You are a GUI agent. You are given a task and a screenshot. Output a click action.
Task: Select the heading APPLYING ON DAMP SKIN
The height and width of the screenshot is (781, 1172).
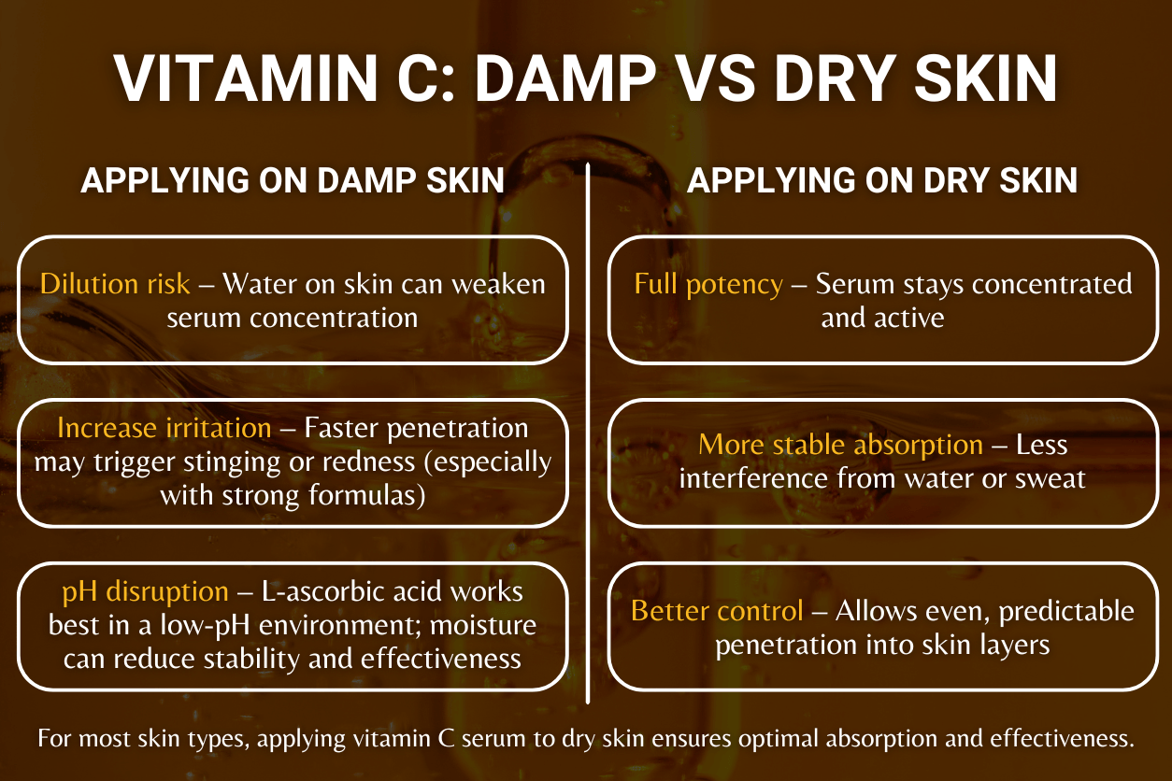(293, 181)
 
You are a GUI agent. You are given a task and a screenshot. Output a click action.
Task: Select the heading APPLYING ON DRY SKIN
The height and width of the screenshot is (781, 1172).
(881, 181)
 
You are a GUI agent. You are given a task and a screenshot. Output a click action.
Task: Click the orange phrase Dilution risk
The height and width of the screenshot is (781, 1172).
(115, 283)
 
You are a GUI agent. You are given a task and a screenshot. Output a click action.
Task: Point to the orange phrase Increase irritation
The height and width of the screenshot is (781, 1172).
(164, 428)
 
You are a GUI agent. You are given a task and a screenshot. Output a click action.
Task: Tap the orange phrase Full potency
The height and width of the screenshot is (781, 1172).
(708, 283)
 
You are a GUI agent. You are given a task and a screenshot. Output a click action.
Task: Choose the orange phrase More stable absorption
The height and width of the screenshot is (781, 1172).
(840, 445)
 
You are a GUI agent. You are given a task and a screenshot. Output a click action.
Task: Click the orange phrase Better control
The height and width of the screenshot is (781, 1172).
(717, 611)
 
